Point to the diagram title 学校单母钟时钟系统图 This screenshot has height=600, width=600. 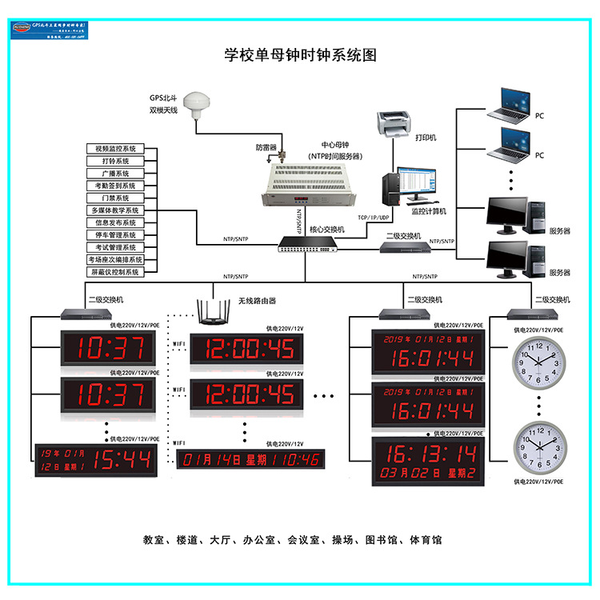tap(300, 55)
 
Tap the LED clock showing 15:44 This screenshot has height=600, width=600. tap(96, 458)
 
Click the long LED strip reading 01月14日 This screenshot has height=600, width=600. tap(250, 459)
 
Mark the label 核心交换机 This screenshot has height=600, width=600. tap(326, 230)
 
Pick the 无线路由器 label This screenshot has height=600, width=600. tap(257, 301)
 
